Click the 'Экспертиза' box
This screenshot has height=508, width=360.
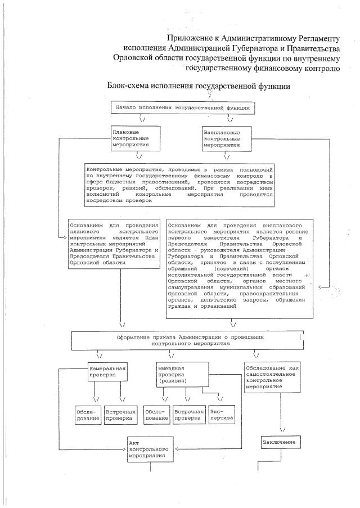coord(221,416)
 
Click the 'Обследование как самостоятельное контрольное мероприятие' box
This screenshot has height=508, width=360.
coord(272,380)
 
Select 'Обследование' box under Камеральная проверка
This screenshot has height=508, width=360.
coord(87,415)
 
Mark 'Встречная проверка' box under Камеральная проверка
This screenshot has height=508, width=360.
coord(120,415)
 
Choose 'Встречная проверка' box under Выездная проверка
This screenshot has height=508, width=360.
coord(189,415)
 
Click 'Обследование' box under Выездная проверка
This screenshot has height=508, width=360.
coord(156,415)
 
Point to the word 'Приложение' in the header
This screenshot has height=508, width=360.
coord(190,38)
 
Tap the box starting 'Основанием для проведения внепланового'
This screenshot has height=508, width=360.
coord(238,266)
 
